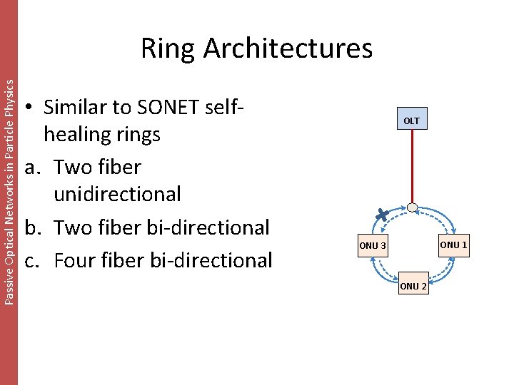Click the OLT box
tap(411, 120)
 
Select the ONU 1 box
tap(453, 245)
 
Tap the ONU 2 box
tap(413, 286)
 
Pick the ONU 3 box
tap(373, 246)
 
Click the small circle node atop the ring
tap(412, 207)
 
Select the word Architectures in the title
tap(288, 48)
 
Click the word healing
tap(102, 134)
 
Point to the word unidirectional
tap(117, 193)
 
